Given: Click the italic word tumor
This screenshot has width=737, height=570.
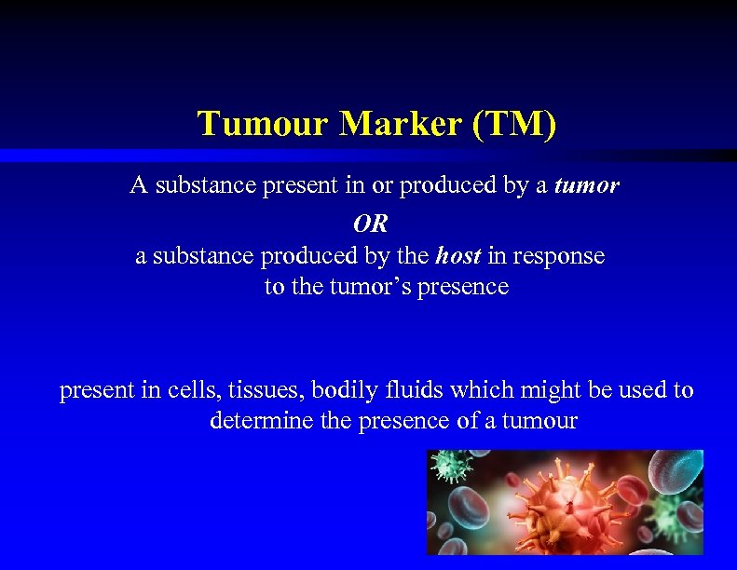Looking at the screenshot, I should (586, 185).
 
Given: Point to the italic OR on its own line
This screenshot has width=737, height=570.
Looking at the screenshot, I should (370, 224).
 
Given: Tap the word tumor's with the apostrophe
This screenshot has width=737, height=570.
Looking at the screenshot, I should (366, 287).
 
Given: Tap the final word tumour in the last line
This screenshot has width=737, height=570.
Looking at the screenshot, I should (539, 421).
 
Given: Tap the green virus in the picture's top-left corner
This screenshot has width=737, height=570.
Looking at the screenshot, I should (452, 467).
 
